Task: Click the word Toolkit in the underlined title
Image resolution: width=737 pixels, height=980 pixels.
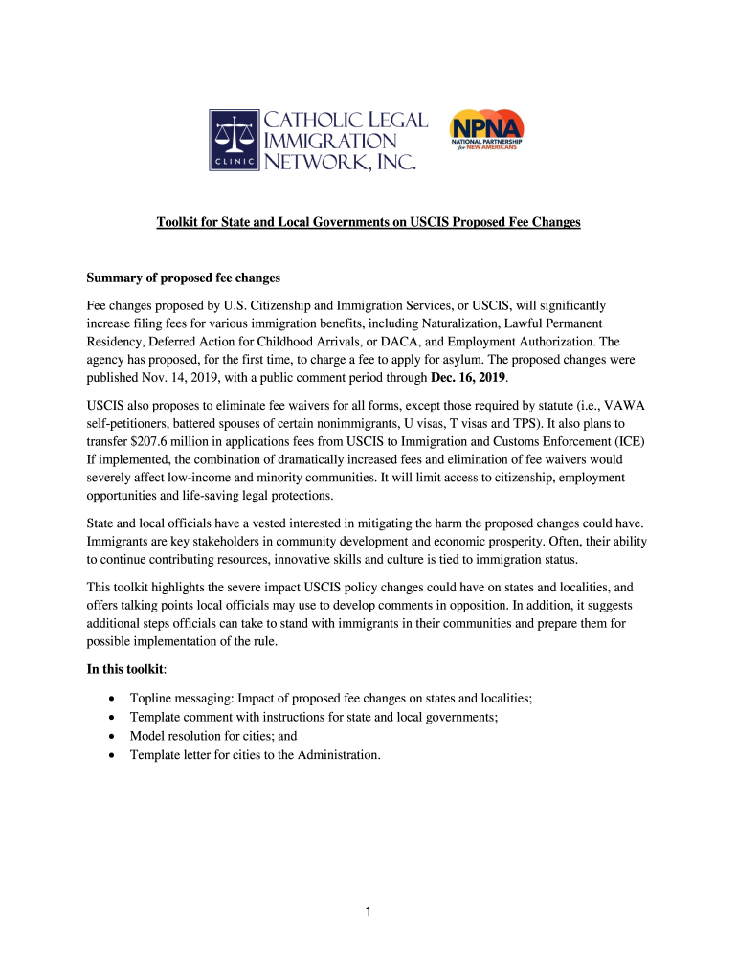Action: [x=179, y=223]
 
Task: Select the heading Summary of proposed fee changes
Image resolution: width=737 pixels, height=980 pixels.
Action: [x=183, y=278]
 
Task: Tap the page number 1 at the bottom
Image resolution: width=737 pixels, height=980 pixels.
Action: [x=368, y=913]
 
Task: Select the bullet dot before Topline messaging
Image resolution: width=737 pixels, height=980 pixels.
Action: [x=114, y=699]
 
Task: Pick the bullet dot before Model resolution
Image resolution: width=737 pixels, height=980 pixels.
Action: [x=114, y=737]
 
